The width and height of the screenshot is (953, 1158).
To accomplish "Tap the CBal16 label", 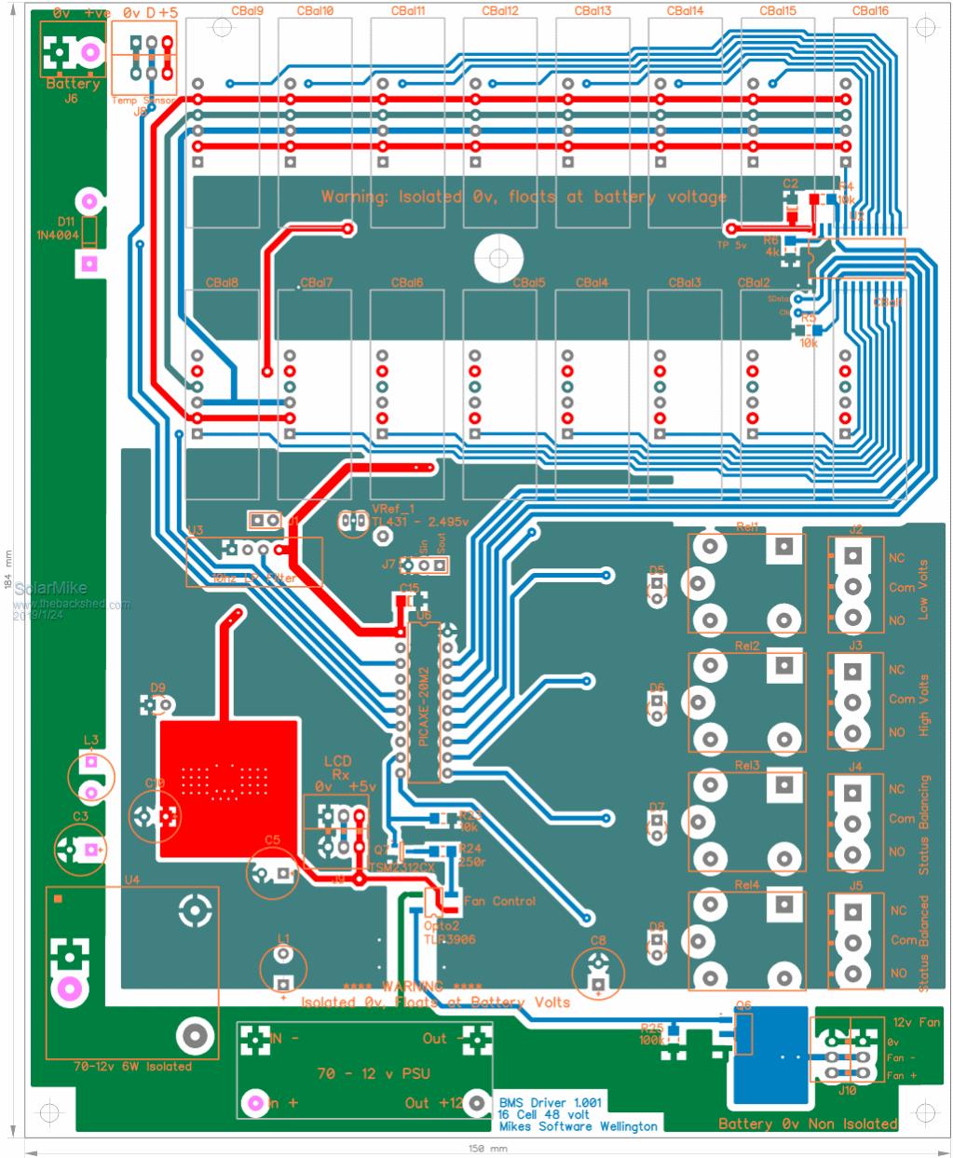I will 870,11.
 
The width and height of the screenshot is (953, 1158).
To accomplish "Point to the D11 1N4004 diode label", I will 66,228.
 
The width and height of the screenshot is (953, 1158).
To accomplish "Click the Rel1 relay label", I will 747,527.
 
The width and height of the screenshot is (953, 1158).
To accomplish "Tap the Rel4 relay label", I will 747,885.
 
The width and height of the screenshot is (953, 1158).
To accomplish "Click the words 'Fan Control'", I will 499,902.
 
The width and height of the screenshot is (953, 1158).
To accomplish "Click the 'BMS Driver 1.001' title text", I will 551,1102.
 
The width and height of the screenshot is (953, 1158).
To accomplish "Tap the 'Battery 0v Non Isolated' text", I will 809,1124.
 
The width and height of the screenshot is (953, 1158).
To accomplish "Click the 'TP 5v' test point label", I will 732,245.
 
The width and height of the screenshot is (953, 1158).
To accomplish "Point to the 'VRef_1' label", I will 392,509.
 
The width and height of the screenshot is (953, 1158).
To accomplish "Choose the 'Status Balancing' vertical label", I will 924,824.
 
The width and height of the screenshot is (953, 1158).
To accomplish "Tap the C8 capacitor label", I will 598,942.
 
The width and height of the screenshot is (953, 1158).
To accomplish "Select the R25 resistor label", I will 652,1028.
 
